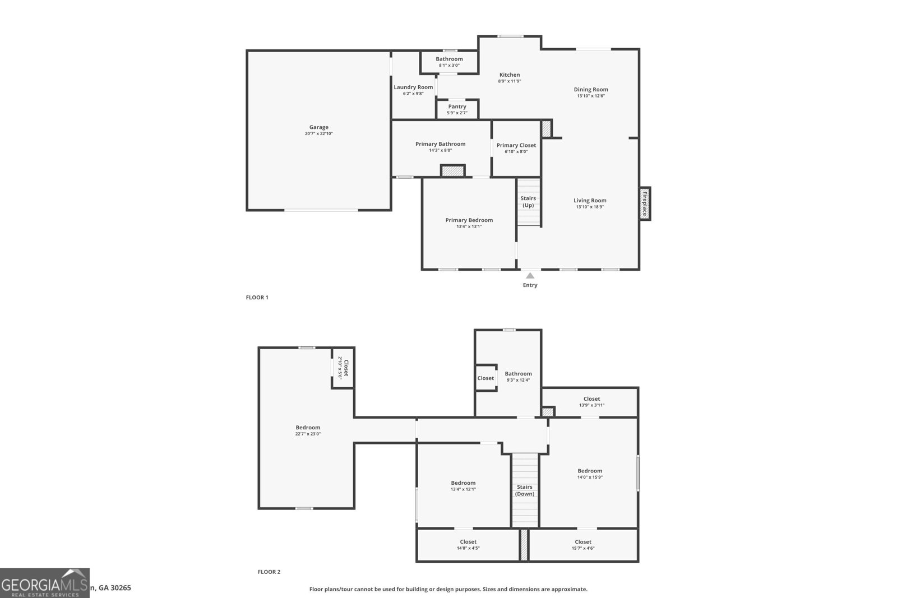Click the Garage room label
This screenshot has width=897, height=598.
click(318, 127)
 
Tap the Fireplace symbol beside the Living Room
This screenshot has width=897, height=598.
click(645, 203)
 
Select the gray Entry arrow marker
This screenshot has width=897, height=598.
click(530, 275)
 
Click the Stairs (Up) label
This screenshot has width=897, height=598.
click(528, 202)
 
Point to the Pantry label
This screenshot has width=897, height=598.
click(457, 106)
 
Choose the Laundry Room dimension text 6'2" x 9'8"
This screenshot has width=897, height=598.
click(413, 94)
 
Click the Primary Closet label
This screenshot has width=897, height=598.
click(516, 145)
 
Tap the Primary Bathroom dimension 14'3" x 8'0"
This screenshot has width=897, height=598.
click(440, 150)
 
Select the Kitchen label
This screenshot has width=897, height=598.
click(510, 75)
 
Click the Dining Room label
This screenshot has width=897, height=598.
click(591, 89)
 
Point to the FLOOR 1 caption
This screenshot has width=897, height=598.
click(257, 298)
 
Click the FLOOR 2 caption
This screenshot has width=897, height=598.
click(269, 572)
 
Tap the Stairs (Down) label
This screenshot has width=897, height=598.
click(525, 490)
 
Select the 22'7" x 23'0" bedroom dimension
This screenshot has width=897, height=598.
click(308, 434)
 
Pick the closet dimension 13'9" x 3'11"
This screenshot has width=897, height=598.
click(591, 405)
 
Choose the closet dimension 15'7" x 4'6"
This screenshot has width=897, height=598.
click(582, 548)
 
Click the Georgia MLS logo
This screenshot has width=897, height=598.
click(44, 583)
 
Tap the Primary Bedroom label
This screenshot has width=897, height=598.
click(469, 220)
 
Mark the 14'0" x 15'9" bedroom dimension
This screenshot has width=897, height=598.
click(590, 478)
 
